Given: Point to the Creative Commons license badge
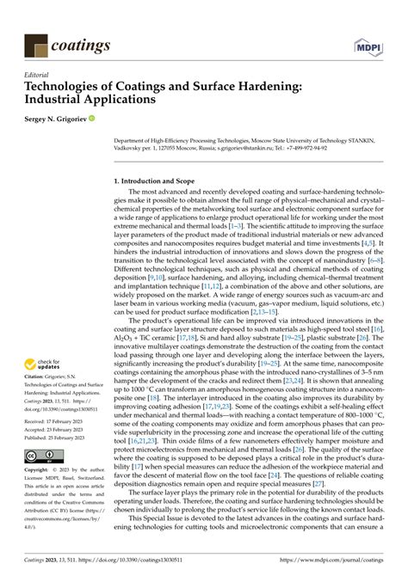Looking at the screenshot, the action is [x=42, y=454].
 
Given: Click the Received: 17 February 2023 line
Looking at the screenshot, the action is [x=59, y=423].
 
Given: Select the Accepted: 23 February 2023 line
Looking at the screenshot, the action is [x=59, y=432].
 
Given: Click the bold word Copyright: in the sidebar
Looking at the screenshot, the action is [x=39, y=471].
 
